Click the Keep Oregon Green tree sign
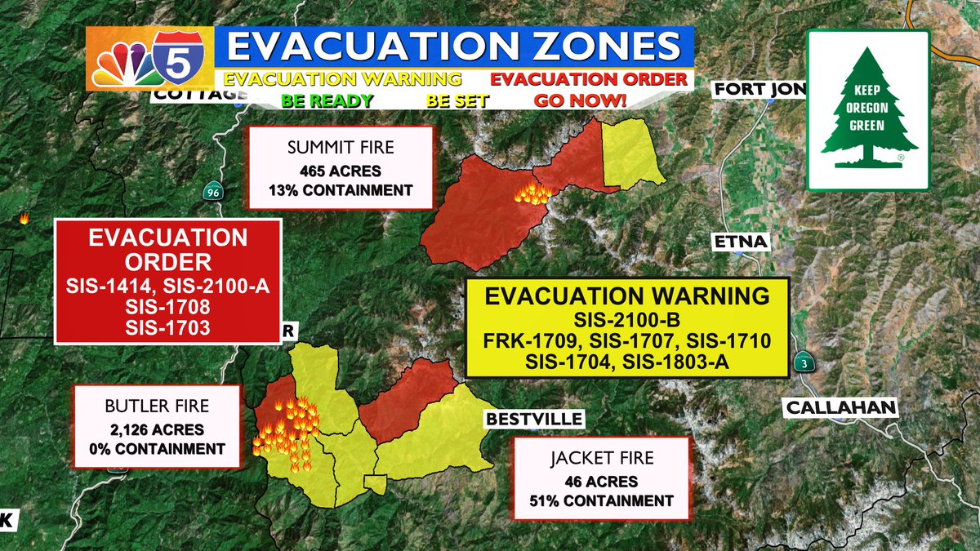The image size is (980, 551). [x=868, y=109]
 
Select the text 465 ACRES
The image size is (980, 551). [x=340, y=173]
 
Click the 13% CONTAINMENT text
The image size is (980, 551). [x=340, y=191]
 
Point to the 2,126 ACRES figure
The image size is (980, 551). [x=158, y=430]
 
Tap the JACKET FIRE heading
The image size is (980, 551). [x=603, y=459]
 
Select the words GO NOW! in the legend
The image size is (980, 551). [x=579, y=101]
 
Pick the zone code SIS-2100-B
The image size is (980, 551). [x=627, y=318]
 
